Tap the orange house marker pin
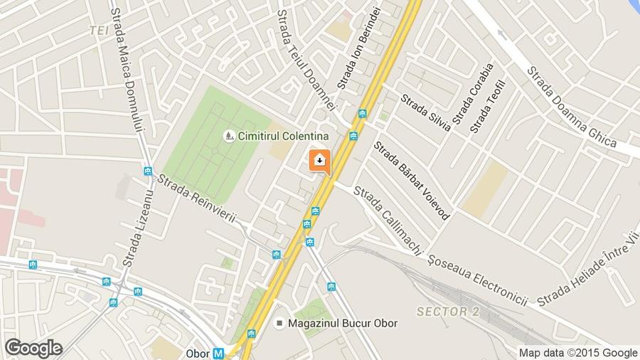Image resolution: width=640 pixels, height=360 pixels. tap(319, 160)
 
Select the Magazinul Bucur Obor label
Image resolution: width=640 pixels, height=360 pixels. tap(342, 323)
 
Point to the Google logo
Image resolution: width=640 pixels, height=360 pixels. tap(33, 348)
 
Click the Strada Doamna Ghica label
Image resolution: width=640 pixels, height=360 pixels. tap(571, 107)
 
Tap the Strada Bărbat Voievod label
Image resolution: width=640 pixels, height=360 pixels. tap(411, 179)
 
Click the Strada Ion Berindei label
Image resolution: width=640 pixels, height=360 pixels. tap(360, 48)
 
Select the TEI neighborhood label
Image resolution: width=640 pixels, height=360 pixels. tap(99, 30)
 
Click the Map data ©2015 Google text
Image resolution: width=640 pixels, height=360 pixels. tap(577, 352)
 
